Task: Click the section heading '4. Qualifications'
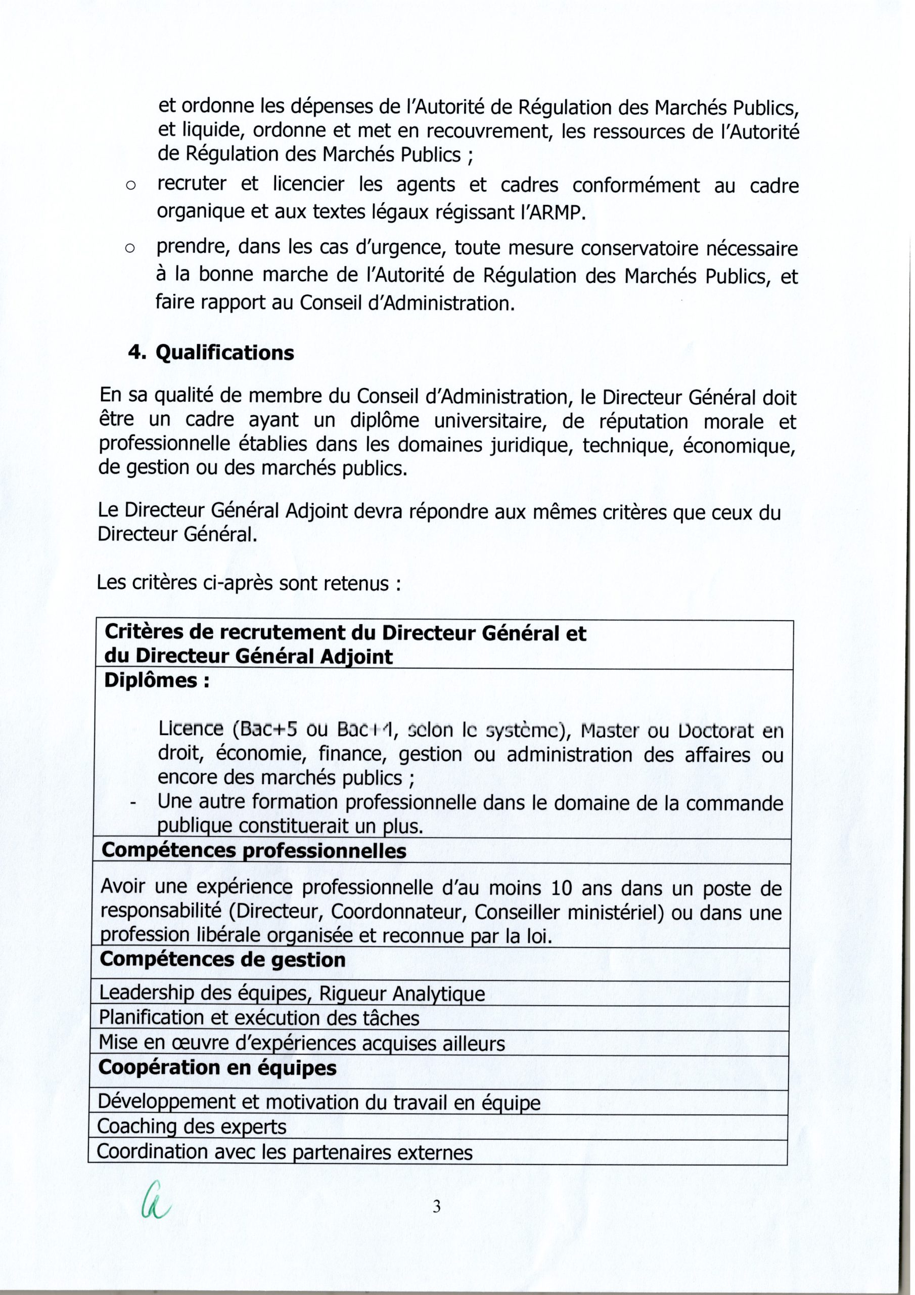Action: pyautogui.click(x=211, y=354)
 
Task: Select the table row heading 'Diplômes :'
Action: pyautogui.click(x=157, y=681)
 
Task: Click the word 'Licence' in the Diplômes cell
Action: pyautogui.click(x=191, y=729)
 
